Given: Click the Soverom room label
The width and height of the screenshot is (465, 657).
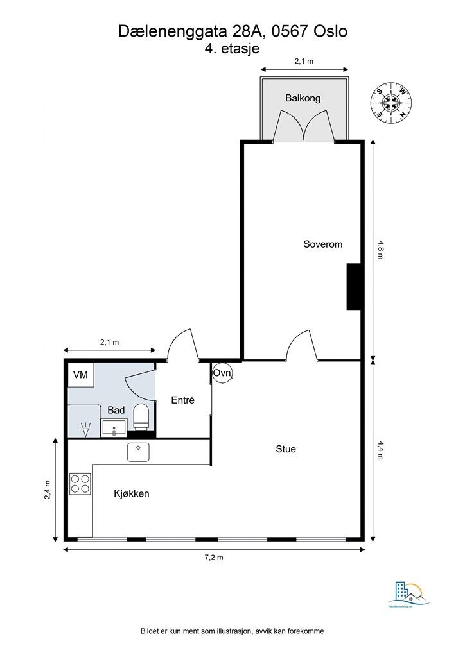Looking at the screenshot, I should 323,244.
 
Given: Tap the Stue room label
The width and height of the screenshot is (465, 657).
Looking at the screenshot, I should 286,449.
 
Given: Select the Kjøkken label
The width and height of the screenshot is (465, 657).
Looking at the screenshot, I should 132,493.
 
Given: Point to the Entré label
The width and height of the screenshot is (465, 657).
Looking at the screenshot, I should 182,400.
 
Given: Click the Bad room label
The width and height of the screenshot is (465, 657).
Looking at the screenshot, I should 116,410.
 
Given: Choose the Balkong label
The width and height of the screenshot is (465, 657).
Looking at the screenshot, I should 303,98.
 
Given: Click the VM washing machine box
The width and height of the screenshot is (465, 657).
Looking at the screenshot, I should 81,375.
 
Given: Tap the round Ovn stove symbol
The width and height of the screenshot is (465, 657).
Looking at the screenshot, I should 222,373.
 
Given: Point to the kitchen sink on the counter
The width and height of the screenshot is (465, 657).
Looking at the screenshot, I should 138,452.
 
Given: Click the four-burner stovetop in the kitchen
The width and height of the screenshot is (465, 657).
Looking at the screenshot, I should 80,484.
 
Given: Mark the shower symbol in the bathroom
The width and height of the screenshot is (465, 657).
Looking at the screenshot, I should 83,429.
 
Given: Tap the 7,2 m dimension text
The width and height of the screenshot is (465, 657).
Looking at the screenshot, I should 214,558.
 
